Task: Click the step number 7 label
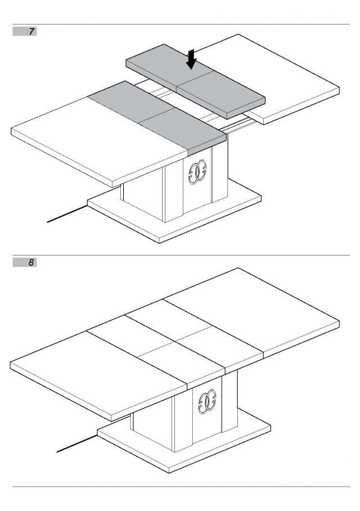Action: click(31, 32)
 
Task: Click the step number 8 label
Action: click(31, 262)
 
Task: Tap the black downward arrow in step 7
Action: click(191, 59)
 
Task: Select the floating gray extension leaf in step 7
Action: click(196, 82)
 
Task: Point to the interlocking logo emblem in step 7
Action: click(197, 172)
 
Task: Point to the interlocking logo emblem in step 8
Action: click(207, 402)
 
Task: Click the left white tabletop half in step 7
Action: click(98, 144)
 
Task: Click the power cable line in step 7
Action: click(67, 214)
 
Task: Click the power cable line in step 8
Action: click(77, 443)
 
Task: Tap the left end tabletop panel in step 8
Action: click(98, 375)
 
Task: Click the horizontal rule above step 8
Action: click(181, 255)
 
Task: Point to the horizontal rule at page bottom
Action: click(181, 487)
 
